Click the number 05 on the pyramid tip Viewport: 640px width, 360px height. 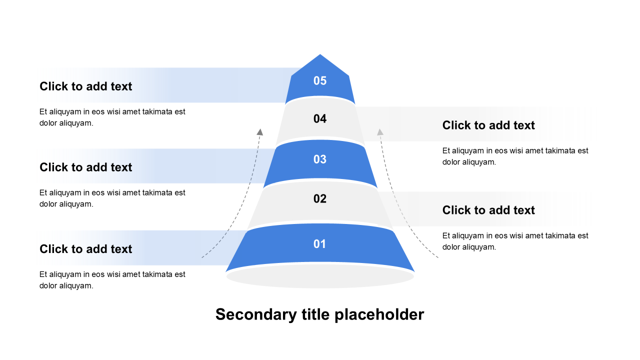tap(320, 80)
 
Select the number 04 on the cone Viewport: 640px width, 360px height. tap(320, 118)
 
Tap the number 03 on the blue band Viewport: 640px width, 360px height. tap(320, 159)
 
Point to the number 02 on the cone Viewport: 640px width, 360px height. tap(320, 198)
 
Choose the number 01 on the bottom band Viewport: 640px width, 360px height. tap(320, 244)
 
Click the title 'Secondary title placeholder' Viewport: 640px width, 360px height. tap(320, 314)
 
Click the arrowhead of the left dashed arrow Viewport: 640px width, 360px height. tap(259, 132)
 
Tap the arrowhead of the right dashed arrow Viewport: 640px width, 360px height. tap(380, 132)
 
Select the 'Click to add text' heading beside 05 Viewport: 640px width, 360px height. tap(86, 86)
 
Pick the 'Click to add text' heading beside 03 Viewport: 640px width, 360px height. tap(86, 167)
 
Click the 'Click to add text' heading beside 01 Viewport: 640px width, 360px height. tap(86, 249)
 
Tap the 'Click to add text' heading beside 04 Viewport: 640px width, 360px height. tap(488, 125)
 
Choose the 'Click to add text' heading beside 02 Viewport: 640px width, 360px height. tap(488, 210)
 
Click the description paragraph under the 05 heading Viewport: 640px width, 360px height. tap(112, 117)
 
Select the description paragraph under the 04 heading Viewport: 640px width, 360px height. tap(515, 156)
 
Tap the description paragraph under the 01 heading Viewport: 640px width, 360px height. tap(112, 280)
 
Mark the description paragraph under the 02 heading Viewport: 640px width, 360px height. tap(515, 241)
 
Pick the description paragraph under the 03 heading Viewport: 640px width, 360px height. tap(112, 198)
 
